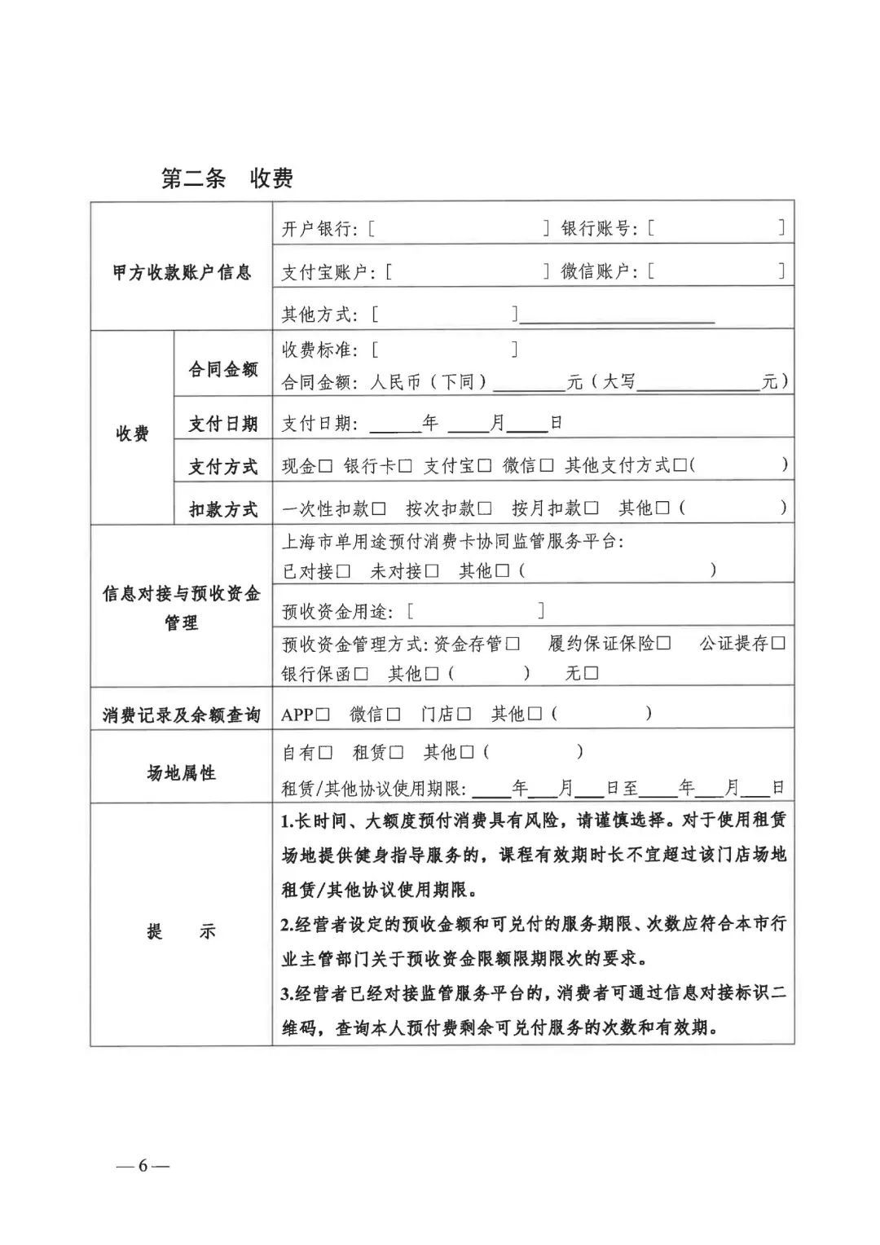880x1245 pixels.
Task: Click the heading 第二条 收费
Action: [x=227, y=178]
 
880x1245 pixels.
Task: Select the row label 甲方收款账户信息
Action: [x=182, y=272]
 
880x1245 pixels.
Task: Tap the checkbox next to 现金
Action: [x=326, y=466]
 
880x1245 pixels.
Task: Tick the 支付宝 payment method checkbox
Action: [x=485, y=466]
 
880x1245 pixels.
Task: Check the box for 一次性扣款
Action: [x=379, y=509]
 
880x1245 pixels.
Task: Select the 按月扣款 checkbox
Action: [x=592, y=509]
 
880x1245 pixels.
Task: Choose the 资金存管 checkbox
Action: [x=513, y=644]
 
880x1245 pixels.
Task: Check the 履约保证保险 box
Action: [x=664, y=644]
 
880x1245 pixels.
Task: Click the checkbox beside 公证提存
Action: [x=778, y=644]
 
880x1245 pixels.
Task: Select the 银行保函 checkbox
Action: [x=361, y=675]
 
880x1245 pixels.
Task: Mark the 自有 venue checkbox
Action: [x=326, y=753]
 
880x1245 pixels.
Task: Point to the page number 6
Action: [x=143, y=1165]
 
